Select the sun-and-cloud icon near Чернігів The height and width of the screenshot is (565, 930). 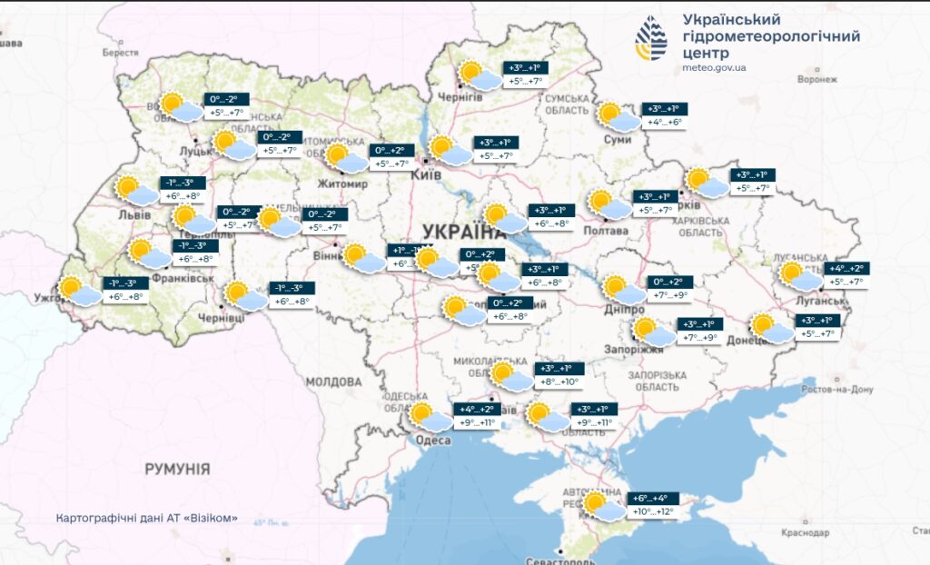pyautogui.click(x=477, y=75)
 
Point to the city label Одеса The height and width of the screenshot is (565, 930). pyautogui.click(x=433, y=441)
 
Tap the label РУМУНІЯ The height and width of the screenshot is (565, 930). pyautogui.click(x=178, y=470)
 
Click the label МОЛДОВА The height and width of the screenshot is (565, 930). pyautogui.click(x=334, y=382)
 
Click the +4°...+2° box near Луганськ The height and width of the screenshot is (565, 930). pyautogui.click(x=846, y=268)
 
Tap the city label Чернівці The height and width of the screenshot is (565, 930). pyautogui.click(x=222, y=319)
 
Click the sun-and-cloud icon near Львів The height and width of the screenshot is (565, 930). pyautogui.click(x=136, y=192)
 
